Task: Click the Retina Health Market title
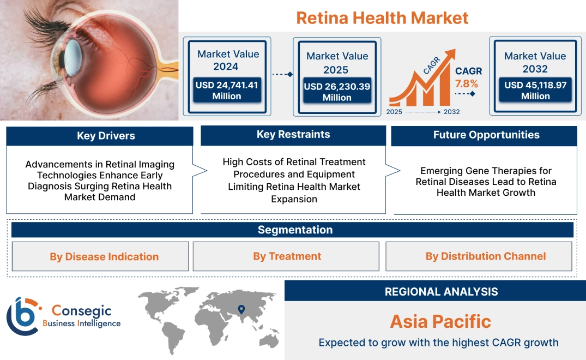pos(382,17)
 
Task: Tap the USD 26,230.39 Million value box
pos(337,92)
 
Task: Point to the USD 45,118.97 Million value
pos(535,90)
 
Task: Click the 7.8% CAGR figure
pos(467,83)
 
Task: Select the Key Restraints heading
pos(293,135)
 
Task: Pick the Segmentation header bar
pos(295,230)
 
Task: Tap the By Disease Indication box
pos(104,256)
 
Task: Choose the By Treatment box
pos(287,256)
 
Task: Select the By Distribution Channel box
pos(485,256)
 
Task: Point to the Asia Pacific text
pos(440,321)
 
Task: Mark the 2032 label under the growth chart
pos(451,112)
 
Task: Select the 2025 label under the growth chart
pos(395,112)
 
